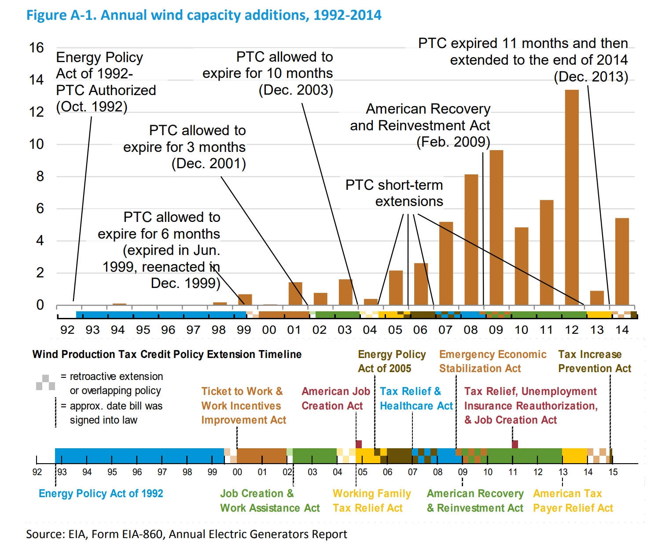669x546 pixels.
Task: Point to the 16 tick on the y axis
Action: (37, 48)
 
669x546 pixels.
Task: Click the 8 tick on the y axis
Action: (40, 176)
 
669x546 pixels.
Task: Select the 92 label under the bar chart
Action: (67, 330)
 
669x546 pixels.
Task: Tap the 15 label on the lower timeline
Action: (613, 472)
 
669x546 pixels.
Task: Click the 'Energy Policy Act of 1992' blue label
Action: (101, 494)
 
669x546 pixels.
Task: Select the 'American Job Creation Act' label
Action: (335, 398)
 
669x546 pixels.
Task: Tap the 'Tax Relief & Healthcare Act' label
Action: (416, 398)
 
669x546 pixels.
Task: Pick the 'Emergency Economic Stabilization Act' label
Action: (493, 362)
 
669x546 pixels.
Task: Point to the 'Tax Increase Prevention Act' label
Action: (595, 362)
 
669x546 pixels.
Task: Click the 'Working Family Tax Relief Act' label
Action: (371, 501)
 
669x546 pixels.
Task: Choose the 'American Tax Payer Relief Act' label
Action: (573, 501)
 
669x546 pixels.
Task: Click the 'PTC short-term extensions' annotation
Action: (394, 193)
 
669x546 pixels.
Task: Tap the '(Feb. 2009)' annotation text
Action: (453, 142)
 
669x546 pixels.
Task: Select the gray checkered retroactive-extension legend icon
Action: (46, 383)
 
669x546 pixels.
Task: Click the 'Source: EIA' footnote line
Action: (187, 534)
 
